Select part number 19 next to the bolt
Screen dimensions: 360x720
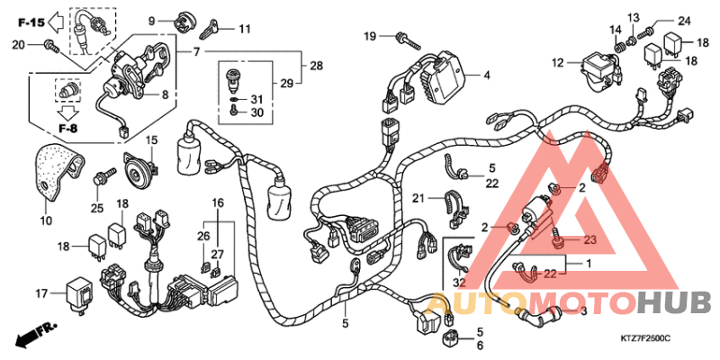(370, 36)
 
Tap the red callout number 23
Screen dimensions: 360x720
(589, 239)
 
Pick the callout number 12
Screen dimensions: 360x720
(557, 63)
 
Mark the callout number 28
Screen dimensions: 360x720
(316, 67)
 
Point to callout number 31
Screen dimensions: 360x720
(256, 99)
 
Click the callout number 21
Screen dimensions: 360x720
(418, 198)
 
